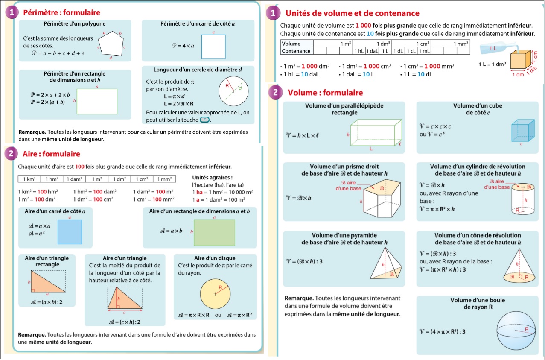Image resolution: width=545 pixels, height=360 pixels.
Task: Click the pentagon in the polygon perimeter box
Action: (x=111, y=44)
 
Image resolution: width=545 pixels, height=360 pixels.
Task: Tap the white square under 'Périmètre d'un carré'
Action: (x=213, y=46)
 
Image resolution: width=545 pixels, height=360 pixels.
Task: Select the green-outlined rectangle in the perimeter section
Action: (x=97, y=101)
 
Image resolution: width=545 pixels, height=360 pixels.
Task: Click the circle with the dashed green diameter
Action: (x=233, y=91)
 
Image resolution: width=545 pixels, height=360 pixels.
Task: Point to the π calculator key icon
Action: (x=205, y=120)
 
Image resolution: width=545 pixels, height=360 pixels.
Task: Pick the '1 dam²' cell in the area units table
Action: (x=74, y=179)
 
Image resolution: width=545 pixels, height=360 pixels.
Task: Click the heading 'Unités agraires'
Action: (x=212, y=177)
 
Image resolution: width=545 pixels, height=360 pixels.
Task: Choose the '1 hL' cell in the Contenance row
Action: (x=359, y=51)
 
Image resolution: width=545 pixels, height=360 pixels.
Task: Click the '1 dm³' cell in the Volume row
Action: (x=373, y=44)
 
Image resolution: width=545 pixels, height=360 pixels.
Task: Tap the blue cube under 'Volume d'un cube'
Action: (x=523, y=130)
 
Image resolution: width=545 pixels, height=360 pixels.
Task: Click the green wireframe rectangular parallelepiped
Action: (x=376, y=133)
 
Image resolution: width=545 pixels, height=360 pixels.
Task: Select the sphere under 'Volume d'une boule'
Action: (x=516, y=330)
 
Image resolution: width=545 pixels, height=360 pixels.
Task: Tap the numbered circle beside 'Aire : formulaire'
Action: (x=11, y=154)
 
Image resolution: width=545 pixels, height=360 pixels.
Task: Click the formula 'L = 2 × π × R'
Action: (x=179, y=104)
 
